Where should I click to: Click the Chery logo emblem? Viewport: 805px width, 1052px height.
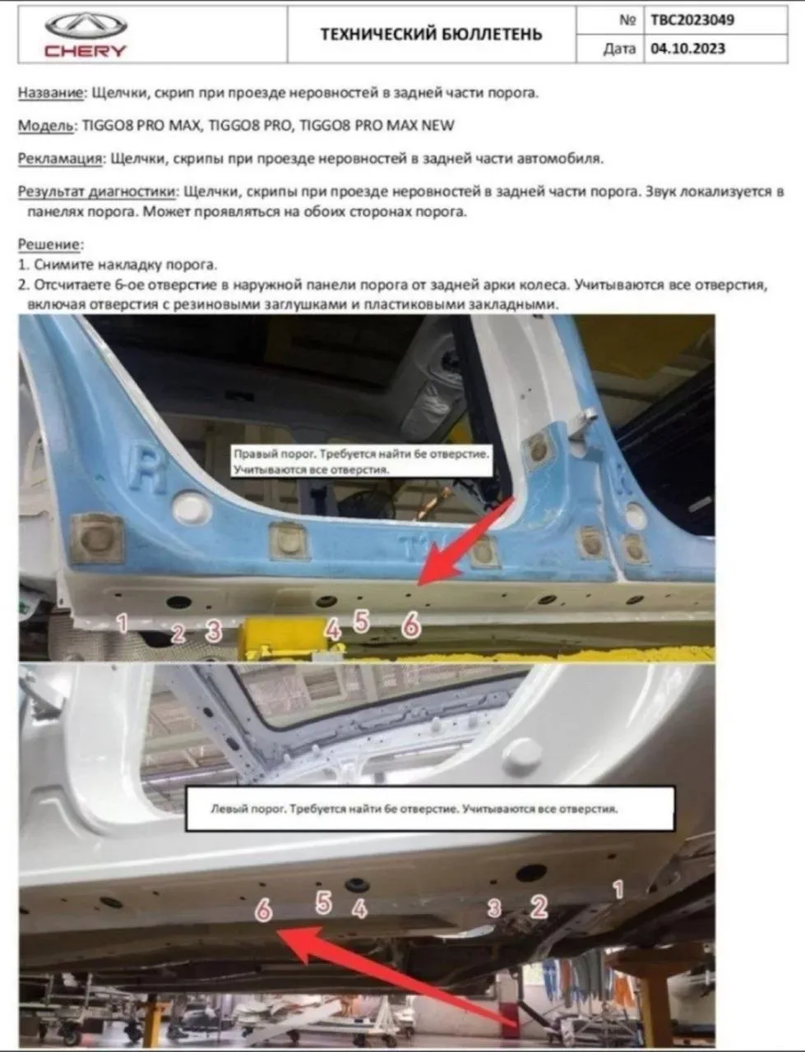point(86,25)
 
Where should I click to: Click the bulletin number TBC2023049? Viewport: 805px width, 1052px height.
point(692,20)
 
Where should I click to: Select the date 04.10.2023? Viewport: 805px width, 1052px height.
point(687,48)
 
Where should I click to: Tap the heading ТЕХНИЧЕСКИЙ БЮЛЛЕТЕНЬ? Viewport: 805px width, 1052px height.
point(431,34)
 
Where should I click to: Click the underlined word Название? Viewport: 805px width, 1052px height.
point(51,93)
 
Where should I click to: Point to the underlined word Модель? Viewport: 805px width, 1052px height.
point(46,126)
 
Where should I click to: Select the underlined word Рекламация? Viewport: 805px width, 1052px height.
point(60,158)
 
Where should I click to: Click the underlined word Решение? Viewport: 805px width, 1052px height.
point(50,244)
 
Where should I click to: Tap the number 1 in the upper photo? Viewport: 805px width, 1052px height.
point(123,623)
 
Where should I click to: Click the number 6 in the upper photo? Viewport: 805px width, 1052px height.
point(411,625)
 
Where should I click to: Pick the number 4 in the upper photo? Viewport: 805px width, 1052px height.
point(333,630)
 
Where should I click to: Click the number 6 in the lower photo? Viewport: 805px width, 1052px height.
point(263,909)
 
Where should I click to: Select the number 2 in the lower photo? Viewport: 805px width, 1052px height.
point(539,907)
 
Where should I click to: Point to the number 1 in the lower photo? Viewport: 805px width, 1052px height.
point(618,889)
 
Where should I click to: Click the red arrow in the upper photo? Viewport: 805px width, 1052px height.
point(466,541)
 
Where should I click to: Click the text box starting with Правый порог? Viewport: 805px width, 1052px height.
point(362,461)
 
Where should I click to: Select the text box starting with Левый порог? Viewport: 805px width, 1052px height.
point(430,809)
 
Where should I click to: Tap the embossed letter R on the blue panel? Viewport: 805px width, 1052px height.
point(149,468)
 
